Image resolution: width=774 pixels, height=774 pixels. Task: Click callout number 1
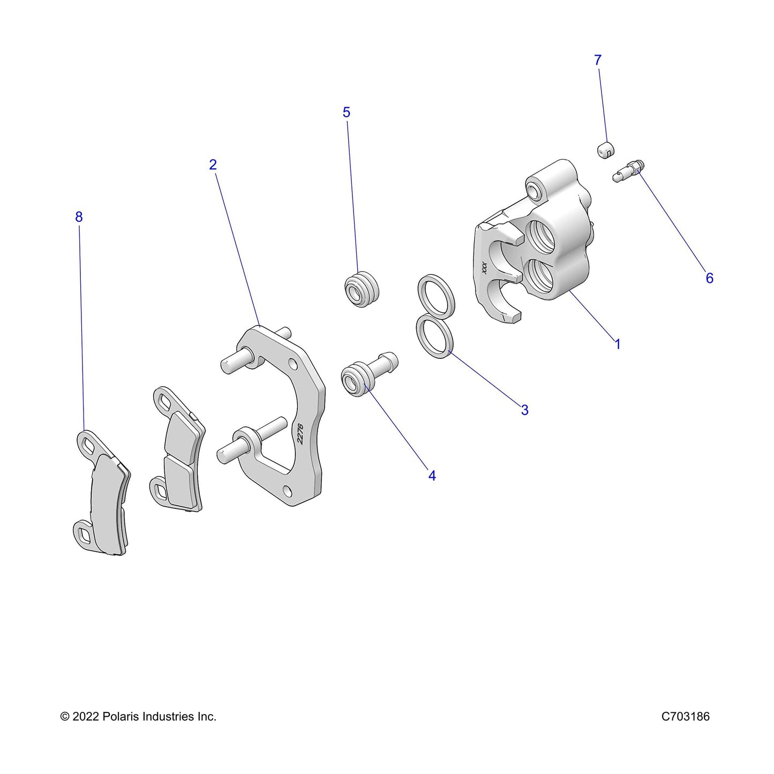coord(618,344)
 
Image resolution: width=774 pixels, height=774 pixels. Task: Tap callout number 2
coord(213,164)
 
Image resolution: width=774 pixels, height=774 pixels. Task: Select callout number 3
coord(524,410)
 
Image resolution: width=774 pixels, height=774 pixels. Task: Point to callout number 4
coord(432,476)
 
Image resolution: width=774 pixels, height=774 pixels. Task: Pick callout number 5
coord(346,112)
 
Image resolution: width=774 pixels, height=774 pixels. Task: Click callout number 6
coord(709,278)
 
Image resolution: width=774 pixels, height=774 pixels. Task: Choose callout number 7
coord(598,60)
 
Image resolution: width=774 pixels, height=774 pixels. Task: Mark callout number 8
coord(79,217)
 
